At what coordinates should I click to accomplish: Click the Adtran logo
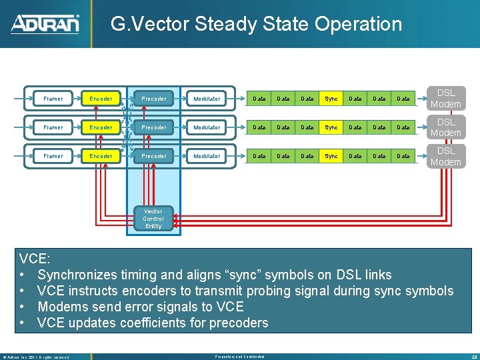point(45,25)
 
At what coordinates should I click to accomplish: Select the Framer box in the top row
point(53,99)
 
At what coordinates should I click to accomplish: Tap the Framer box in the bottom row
point(53,156)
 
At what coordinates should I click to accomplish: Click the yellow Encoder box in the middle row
point(101,127)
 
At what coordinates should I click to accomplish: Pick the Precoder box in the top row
point(154,99)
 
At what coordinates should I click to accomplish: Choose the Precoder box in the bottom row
point(154,156)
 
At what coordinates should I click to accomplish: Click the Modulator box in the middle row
point(207,127)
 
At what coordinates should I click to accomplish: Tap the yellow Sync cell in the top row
point(331,99)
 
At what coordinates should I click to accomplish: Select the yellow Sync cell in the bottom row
point(331,156)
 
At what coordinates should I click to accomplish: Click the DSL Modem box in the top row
point(445,99)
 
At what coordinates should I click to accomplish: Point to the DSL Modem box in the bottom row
point(445,156)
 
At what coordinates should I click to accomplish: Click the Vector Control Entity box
point(153,219)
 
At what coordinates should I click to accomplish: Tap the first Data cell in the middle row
point(259,127)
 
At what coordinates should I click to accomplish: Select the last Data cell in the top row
point(403,99)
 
